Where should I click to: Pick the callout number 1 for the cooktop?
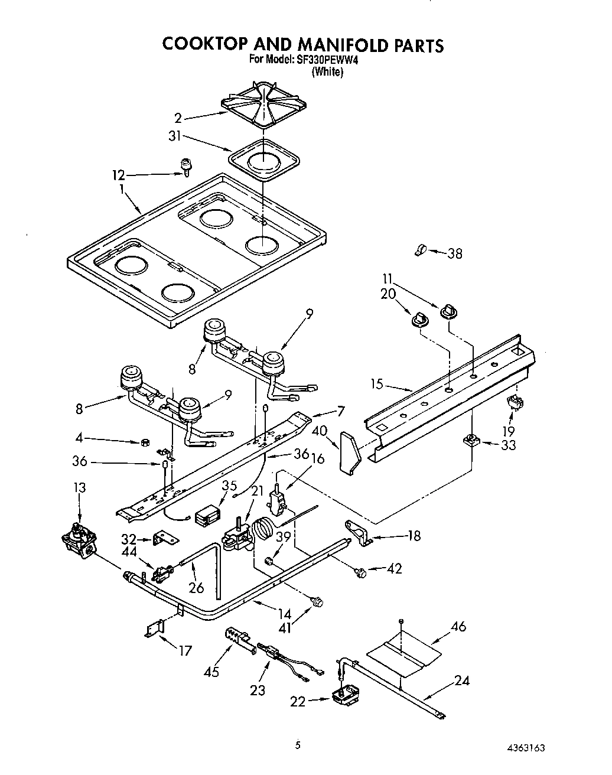point(121,190)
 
